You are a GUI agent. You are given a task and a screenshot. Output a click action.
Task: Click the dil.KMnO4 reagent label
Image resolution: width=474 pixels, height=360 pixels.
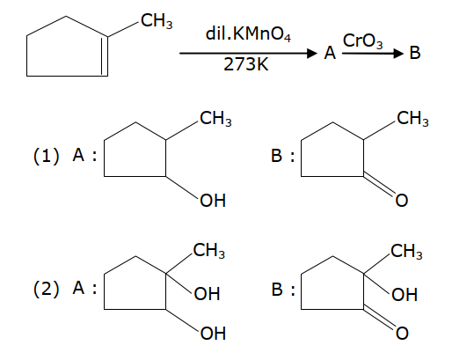click(248, 33)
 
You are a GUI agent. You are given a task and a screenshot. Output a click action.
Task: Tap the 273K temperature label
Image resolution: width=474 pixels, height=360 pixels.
click(245, 64)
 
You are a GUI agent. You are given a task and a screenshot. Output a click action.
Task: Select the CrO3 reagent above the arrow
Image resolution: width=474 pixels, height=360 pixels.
click(362, 40)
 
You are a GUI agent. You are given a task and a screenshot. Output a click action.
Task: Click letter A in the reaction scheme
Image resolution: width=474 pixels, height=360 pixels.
click(330, 53)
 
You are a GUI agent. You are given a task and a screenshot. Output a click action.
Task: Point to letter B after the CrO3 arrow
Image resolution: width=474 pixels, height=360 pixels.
click(415, 52)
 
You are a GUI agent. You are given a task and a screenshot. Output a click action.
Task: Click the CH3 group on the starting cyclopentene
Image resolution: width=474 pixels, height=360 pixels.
click(157, 21)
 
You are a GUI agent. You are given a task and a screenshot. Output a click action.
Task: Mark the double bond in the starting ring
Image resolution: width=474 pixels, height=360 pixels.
click(105, 56)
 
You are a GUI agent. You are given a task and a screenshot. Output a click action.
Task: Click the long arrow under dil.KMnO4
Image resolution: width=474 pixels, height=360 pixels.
click(248, 54)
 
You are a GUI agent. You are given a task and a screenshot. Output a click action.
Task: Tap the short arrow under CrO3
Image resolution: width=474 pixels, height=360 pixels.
click(373, 54)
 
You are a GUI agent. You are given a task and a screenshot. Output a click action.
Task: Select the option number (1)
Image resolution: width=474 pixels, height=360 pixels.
click(46, 156)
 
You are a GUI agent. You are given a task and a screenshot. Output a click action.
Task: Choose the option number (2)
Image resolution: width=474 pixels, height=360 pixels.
click(46, 289)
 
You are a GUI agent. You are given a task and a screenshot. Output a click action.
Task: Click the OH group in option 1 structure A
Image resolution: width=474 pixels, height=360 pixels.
click(213, 201)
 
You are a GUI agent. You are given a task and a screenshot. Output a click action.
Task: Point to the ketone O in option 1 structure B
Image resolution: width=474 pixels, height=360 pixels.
click(401, 201)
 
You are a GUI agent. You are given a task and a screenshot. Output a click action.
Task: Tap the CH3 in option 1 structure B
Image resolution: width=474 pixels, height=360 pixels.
click(412, 118)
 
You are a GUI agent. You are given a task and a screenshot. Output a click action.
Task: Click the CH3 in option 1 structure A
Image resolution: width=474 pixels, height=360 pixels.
click(215, 118)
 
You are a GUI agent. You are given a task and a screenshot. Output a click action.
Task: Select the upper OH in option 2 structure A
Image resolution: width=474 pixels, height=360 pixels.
click(207, 294)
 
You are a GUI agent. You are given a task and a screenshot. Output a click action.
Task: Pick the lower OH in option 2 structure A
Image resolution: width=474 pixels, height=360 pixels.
click(213, 333)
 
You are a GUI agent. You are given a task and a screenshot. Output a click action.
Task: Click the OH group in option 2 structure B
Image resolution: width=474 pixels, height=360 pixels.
click(405, 295)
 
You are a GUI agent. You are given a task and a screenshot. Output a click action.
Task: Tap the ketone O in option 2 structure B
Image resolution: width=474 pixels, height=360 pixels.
click(402, 333)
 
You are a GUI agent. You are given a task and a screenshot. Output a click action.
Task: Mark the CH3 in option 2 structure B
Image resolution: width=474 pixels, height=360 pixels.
click(406, 251)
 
